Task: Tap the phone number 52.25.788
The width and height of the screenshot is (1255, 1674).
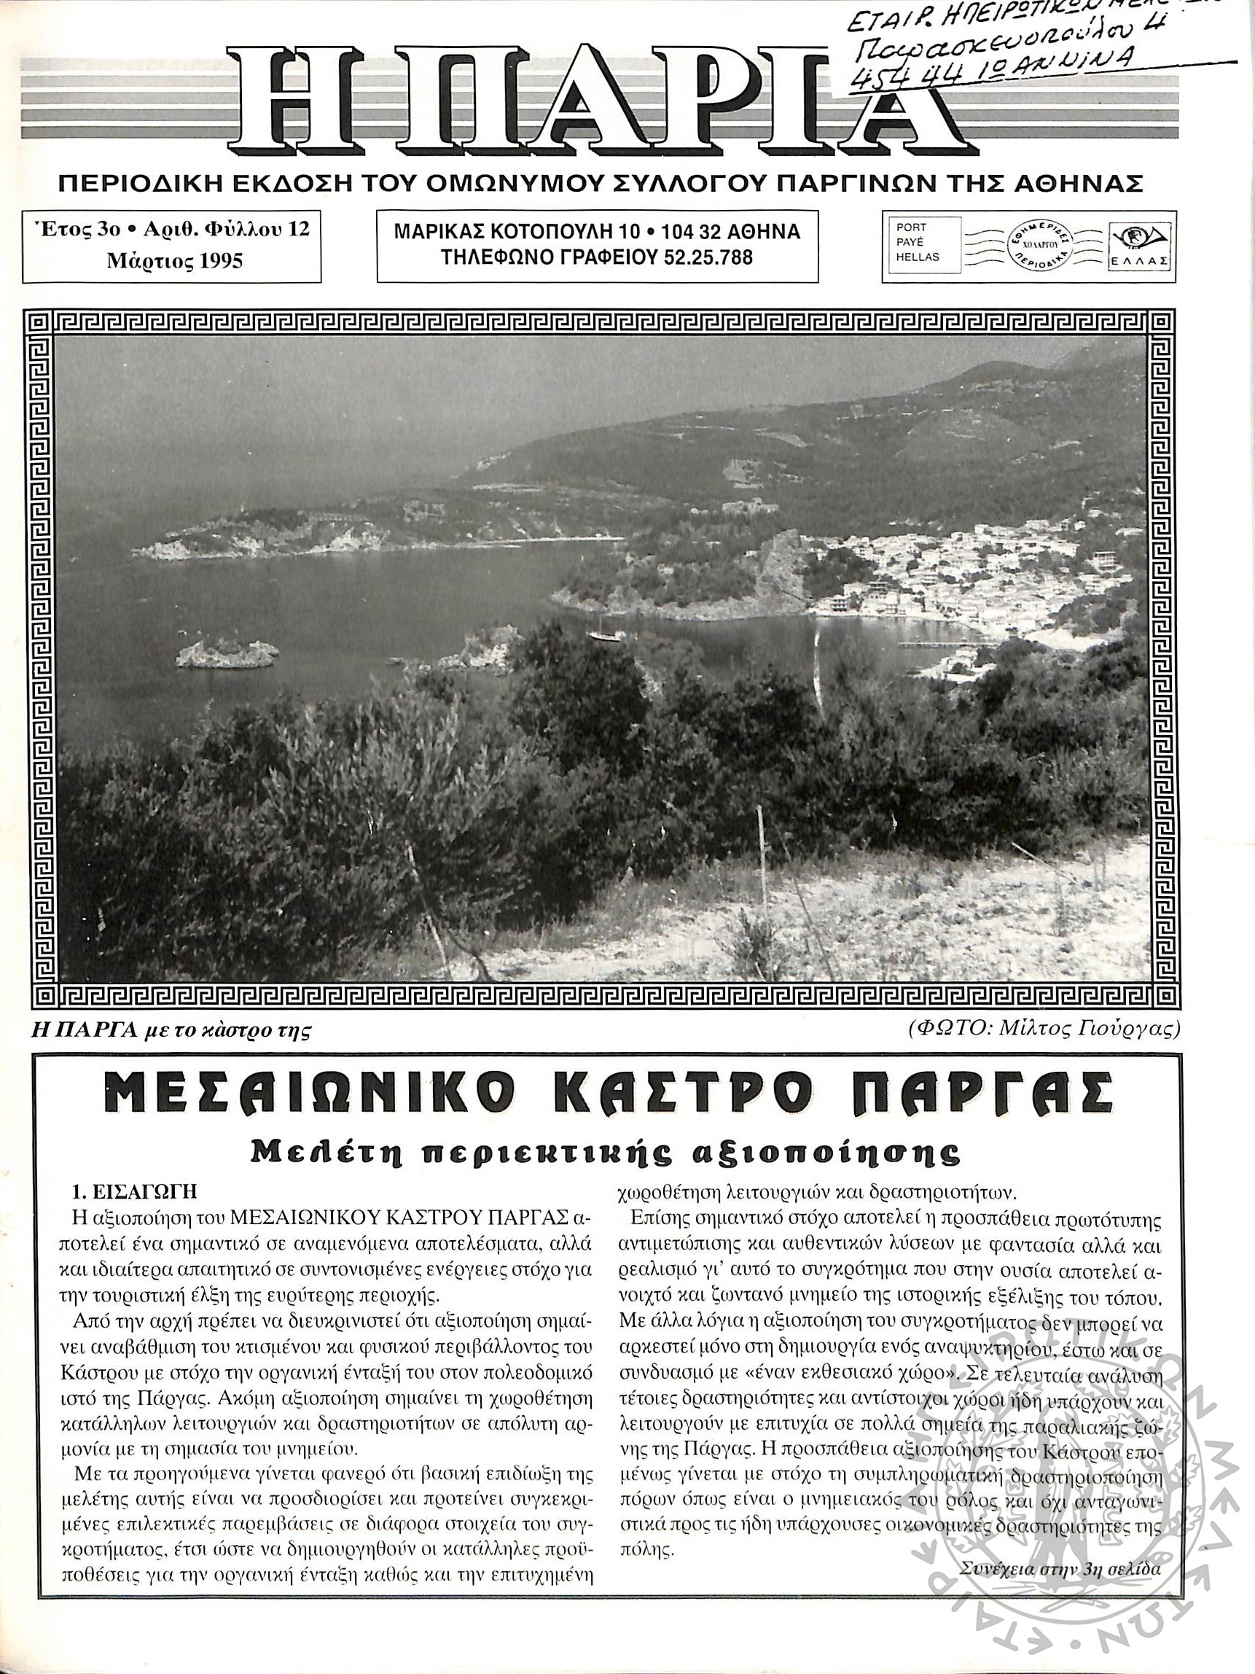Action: [710, 257]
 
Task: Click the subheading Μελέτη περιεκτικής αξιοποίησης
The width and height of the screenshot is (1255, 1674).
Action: [605, 1154]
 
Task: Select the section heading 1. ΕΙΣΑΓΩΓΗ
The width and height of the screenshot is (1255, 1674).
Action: [135, 1191]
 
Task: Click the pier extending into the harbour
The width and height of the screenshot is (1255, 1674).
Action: [938, 645]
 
